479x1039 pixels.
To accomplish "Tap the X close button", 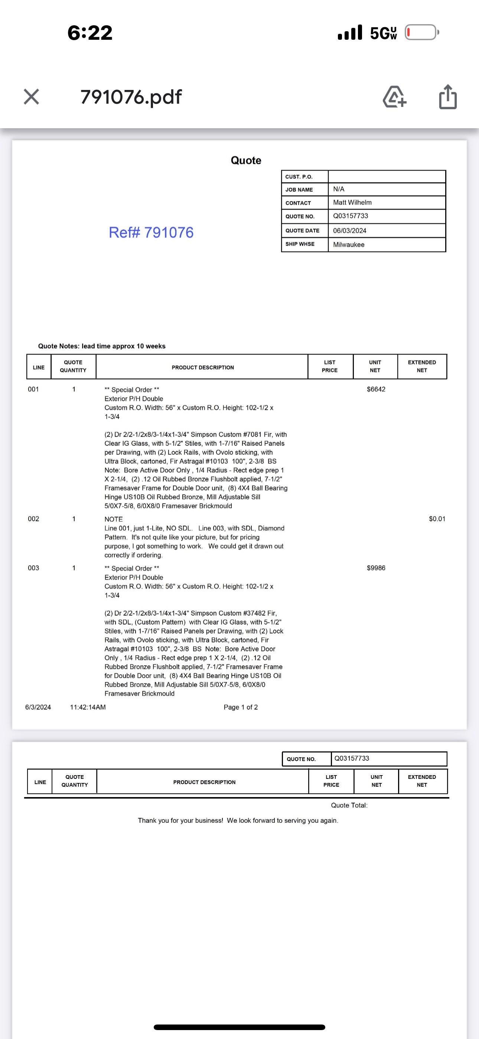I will pos(32,97).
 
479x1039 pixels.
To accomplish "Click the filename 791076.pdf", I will pos(131,97).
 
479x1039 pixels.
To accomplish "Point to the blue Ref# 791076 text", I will pos(151,232).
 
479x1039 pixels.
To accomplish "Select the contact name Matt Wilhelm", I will pos(352,203).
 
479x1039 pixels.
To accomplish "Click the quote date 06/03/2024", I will pos(349,231).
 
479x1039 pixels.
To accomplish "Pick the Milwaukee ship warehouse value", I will pos(349,245).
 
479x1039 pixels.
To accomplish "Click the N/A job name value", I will pos(339,189).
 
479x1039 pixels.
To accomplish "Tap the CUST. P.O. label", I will pos(299,177).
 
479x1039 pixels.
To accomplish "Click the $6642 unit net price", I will pos(376,389).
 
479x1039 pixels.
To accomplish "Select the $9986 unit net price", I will pos(376,568).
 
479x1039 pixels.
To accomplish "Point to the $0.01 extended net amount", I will pos(437,519).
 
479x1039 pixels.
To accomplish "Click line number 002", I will pos(33,519).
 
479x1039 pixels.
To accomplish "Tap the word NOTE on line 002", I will pos(114,519).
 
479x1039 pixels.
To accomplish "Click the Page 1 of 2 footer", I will pos(241,707).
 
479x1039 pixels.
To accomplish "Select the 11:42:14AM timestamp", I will pos(88,707).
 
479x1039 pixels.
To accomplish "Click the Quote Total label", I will pos(349,805).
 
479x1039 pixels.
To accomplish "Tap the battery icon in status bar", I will pos(421,32).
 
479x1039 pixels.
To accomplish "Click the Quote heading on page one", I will pos(246,161).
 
